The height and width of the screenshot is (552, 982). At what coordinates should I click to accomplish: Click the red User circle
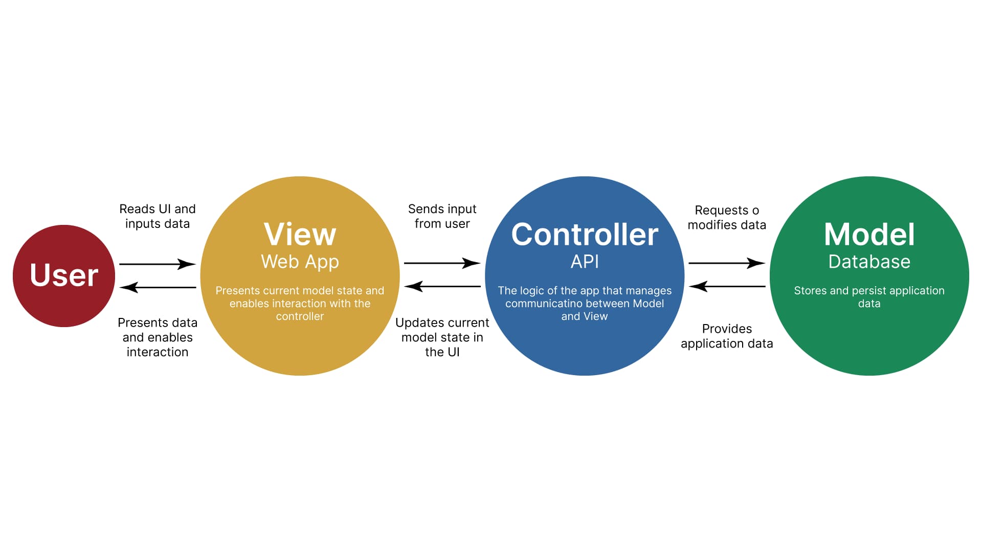64,276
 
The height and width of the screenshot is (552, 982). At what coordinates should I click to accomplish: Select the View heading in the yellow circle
300,235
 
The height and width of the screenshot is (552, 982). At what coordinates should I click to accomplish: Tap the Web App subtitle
300,262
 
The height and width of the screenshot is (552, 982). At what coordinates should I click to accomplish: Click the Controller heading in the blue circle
585,235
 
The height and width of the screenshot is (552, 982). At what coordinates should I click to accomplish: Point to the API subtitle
585,262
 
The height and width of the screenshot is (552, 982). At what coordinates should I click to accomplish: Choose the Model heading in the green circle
869,235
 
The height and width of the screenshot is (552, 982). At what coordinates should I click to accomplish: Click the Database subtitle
869,262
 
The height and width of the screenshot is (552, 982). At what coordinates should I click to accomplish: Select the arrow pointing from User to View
158,264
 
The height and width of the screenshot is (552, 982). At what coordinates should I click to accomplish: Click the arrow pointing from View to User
158,287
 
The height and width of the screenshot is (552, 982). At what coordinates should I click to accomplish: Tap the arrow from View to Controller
442,263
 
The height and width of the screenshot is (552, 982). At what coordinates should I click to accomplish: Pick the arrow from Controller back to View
442,286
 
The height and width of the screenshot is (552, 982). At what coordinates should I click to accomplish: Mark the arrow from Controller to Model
727,263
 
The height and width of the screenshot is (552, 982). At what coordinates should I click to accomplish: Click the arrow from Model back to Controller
727,286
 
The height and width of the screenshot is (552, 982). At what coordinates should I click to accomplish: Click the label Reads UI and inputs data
158,216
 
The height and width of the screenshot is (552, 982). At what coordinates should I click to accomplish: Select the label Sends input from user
442,216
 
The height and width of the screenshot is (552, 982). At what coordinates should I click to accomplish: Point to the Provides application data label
727,336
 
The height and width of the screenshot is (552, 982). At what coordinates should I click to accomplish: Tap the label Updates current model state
442,337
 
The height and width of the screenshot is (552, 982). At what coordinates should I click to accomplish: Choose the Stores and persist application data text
869,297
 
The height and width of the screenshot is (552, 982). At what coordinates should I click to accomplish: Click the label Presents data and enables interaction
158,337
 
